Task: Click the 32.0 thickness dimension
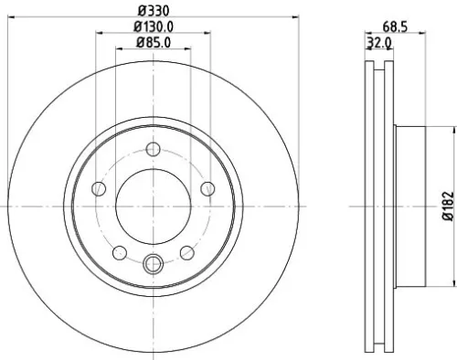378,42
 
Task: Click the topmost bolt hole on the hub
154,151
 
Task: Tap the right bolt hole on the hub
207,190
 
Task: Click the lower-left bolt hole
120,252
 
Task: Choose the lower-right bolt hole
186,252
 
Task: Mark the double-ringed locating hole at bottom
154,265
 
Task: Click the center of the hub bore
154,207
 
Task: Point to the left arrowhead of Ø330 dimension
8,16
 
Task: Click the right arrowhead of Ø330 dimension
298,16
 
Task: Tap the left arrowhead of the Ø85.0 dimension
118,49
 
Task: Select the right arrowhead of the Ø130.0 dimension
209,33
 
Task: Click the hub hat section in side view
411,207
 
